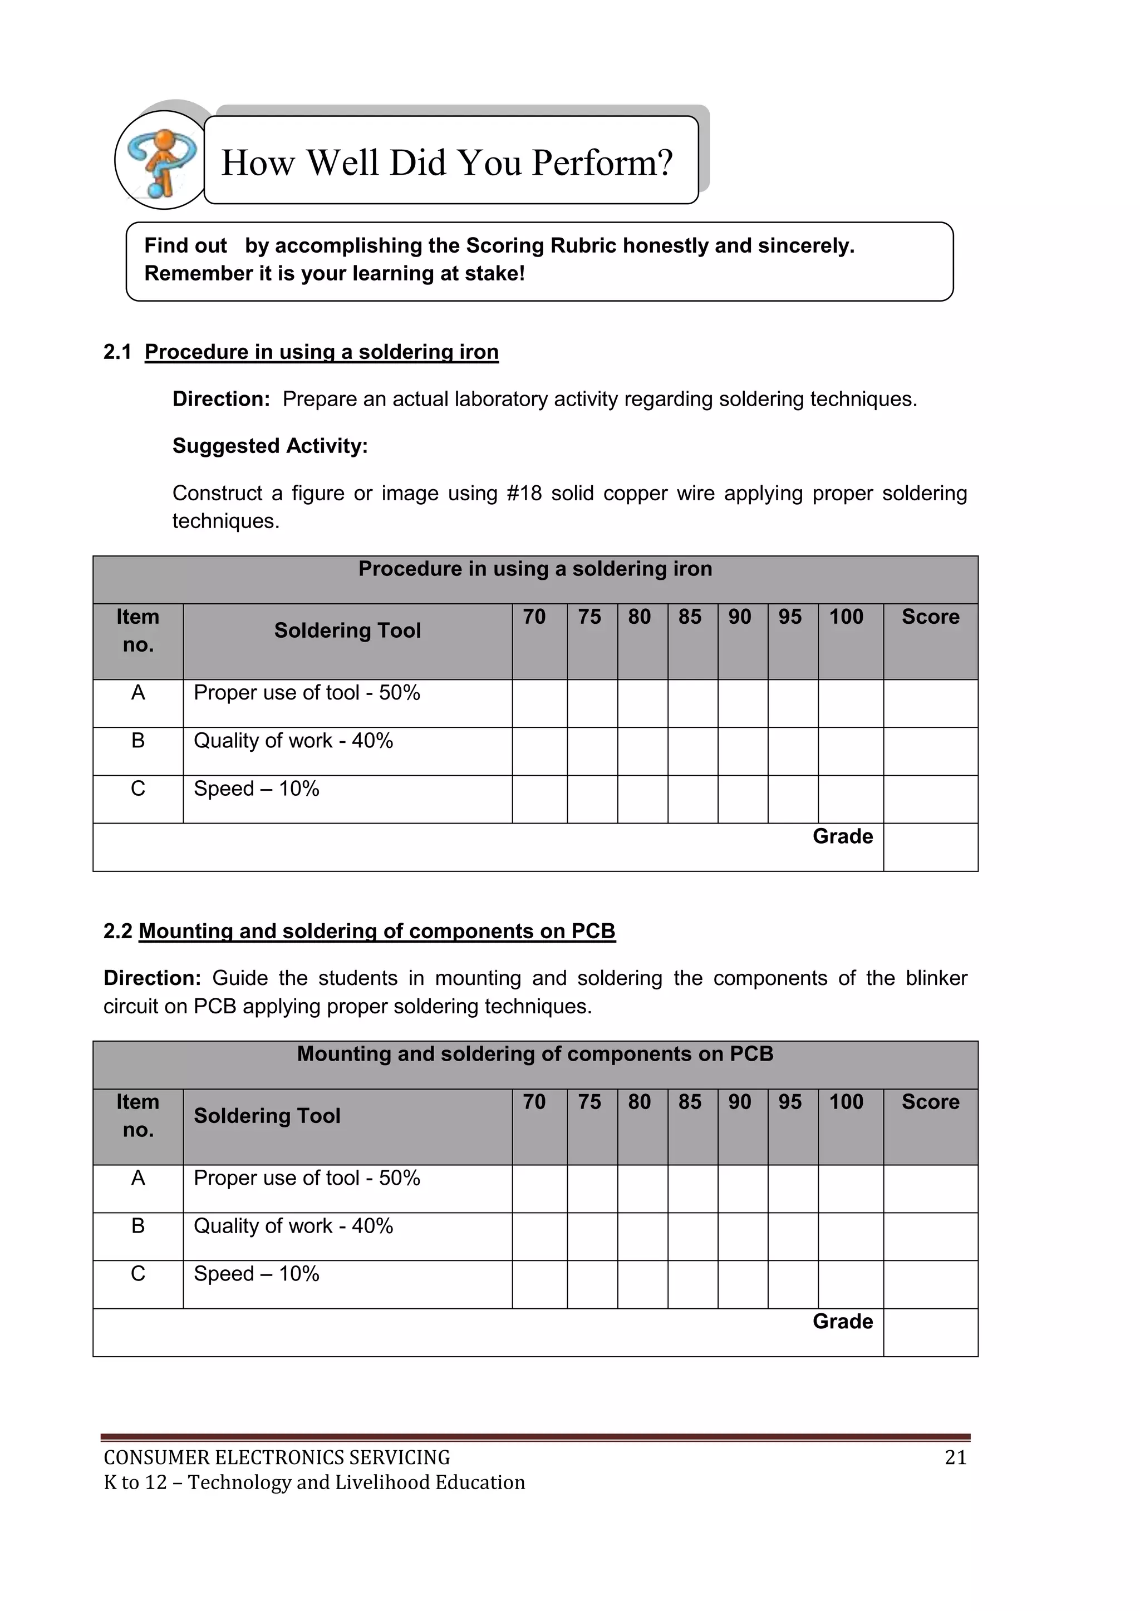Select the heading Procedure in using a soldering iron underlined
(322, 352)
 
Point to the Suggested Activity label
(271, 446)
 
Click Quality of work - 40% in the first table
(293, 740)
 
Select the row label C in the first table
(138, 789)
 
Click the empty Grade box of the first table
(930, 847)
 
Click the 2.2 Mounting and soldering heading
(360, 931)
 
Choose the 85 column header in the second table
(689, 1102)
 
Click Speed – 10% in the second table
(257, 1274)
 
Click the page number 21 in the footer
(955, 1457)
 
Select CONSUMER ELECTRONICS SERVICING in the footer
(277, 1457)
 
